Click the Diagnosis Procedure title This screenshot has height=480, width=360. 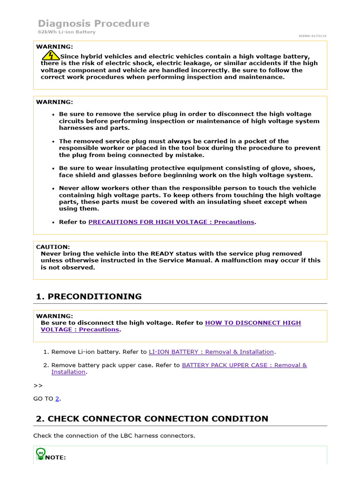(x=93, y=23)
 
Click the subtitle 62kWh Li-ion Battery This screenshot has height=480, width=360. (x=66, y=32)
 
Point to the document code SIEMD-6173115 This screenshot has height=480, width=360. (x=312, y=36)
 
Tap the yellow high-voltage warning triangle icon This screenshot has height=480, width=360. (x=50, y=56)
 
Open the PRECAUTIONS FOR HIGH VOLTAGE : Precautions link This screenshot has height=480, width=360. (x=171, y=222)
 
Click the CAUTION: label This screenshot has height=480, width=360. (x=53, y=247)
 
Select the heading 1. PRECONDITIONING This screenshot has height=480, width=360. (x=89, y=296)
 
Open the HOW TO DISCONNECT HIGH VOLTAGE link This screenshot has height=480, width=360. (x=253, y=322)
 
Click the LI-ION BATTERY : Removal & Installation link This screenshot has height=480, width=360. (x=211, y=352)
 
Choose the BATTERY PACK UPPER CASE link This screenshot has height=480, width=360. (x=244, y=365)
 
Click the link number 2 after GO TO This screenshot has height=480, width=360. (x=57, y=398)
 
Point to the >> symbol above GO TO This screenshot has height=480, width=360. (x=38, y=385)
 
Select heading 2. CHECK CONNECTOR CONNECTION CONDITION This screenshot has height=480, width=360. (x=152, y=419)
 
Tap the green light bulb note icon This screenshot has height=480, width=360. (x=40, y=453)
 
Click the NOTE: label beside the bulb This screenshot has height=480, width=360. (x=55, y=457)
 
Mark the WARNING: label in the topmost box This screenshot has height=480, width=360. (x=54, y=46)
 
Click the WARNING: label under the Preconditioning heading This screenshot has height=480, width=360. (x=54, y=316)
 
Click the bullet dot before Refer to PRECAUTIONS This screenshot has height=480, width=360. (x=54, y=222)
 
